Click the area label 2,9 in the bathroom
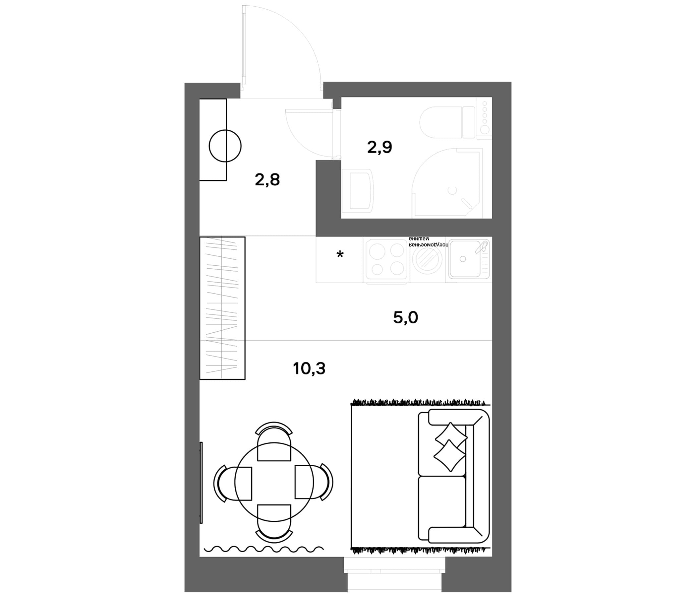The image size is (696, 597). [379, 147]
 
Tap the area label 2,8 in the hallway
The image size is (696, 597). [267, 180]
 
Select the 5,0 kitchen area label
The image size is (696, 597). [406, 317]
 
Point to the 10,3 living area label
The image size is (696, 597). [309, 369]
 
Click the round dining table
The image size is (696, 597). [274, 482]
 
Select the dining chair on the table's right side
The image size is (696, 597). [315, 482]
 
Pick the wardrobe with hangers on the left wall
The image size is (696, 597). [222, 308]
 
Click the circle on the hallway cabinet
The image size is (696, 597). [225, 146]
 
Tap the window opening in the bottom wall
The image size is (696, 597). [395, 577]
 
